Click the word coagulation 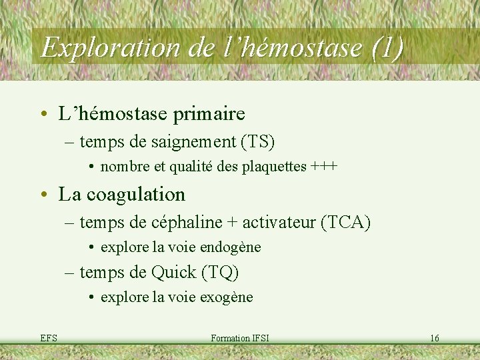pyautogui.click(x=135, y=194)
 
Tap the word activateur pyautogui.click(x=280, y=221)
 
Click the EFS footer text pyautogui.click(x=49, y=339)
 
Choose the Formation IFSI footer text pyautogui.click(x=239, y=339)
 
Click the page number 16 pyautogui.click(x=434, y=339)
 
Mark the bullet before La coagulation pyautogui.click(x=44, y=195)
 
